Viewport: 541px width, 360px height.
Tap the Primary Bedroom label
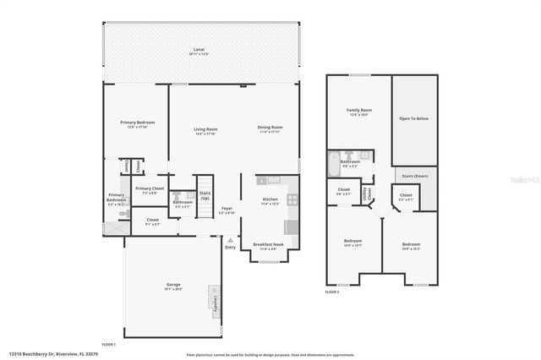[136, 123]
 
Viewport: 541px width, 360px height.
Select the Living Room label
[206, 128]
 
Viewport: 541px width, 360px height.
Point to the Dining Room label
[270, 128]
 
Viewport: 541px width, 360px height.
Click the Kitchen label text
[270, 199]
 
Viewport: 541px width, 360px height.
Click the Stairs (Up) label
[205, 195]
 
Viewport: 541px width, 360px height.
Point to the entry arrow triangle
[231, 239]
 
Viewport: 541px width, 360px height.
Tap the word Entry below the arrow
[231, 247]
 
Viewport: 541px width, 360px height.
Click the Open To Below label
[416, 118]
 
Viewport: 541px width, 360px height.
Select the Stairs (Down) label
[416, 176]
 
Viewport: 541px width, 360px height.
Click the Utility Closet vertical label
[365, 194]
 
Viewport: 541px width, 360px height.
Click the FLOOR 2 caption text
[332, 292]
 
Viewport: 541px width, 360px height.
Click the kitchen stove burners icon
[292, 200]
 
